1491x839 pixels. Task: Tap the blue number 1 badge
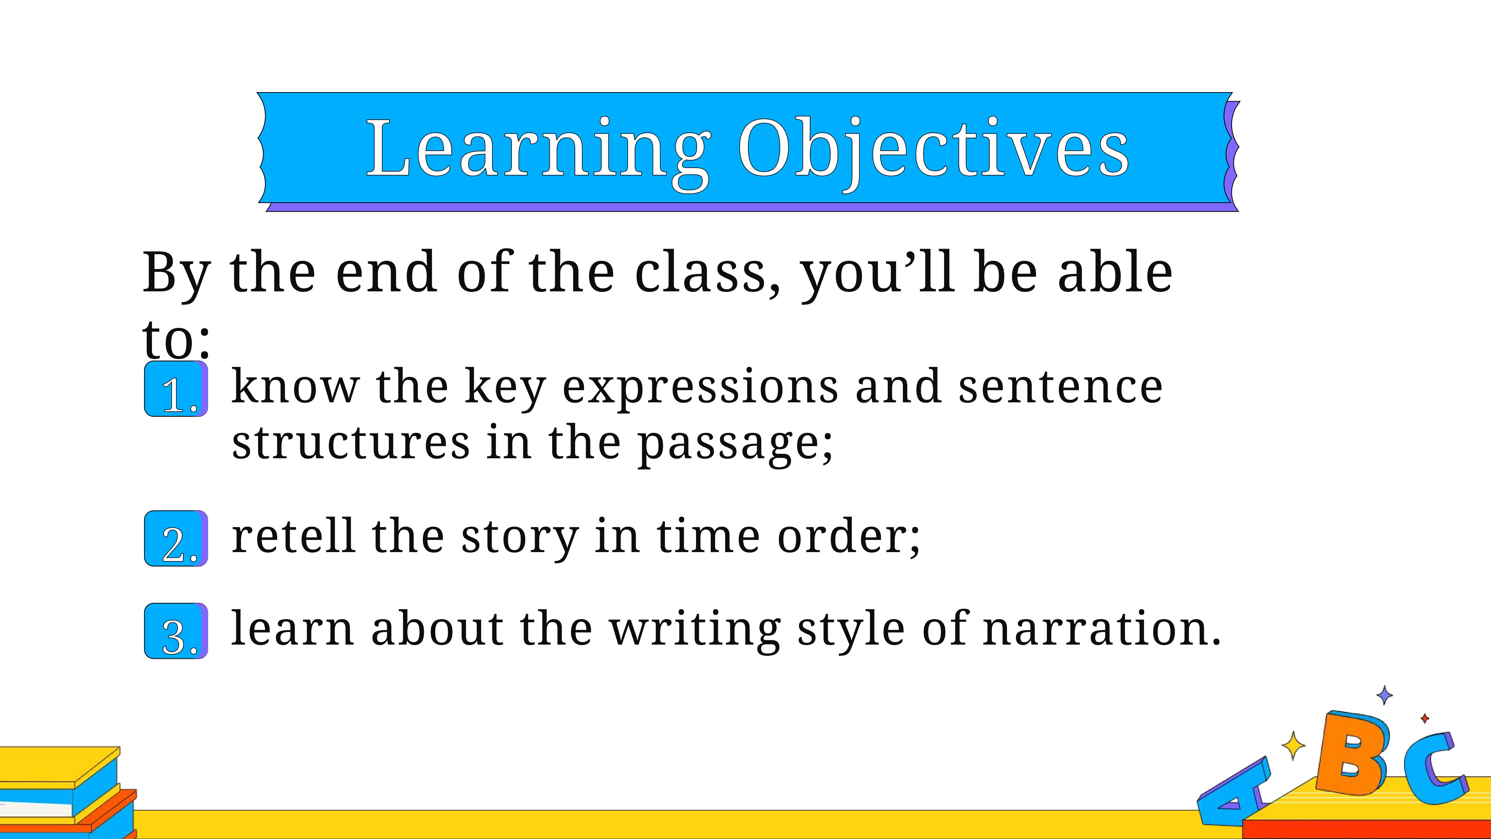[176, 388]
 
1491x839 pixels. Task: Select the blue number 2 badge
[176, 538]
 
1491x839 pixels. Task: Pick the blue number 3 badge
[176, 631]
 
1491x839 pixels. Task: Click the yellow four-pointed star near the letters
[1293, 745]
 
